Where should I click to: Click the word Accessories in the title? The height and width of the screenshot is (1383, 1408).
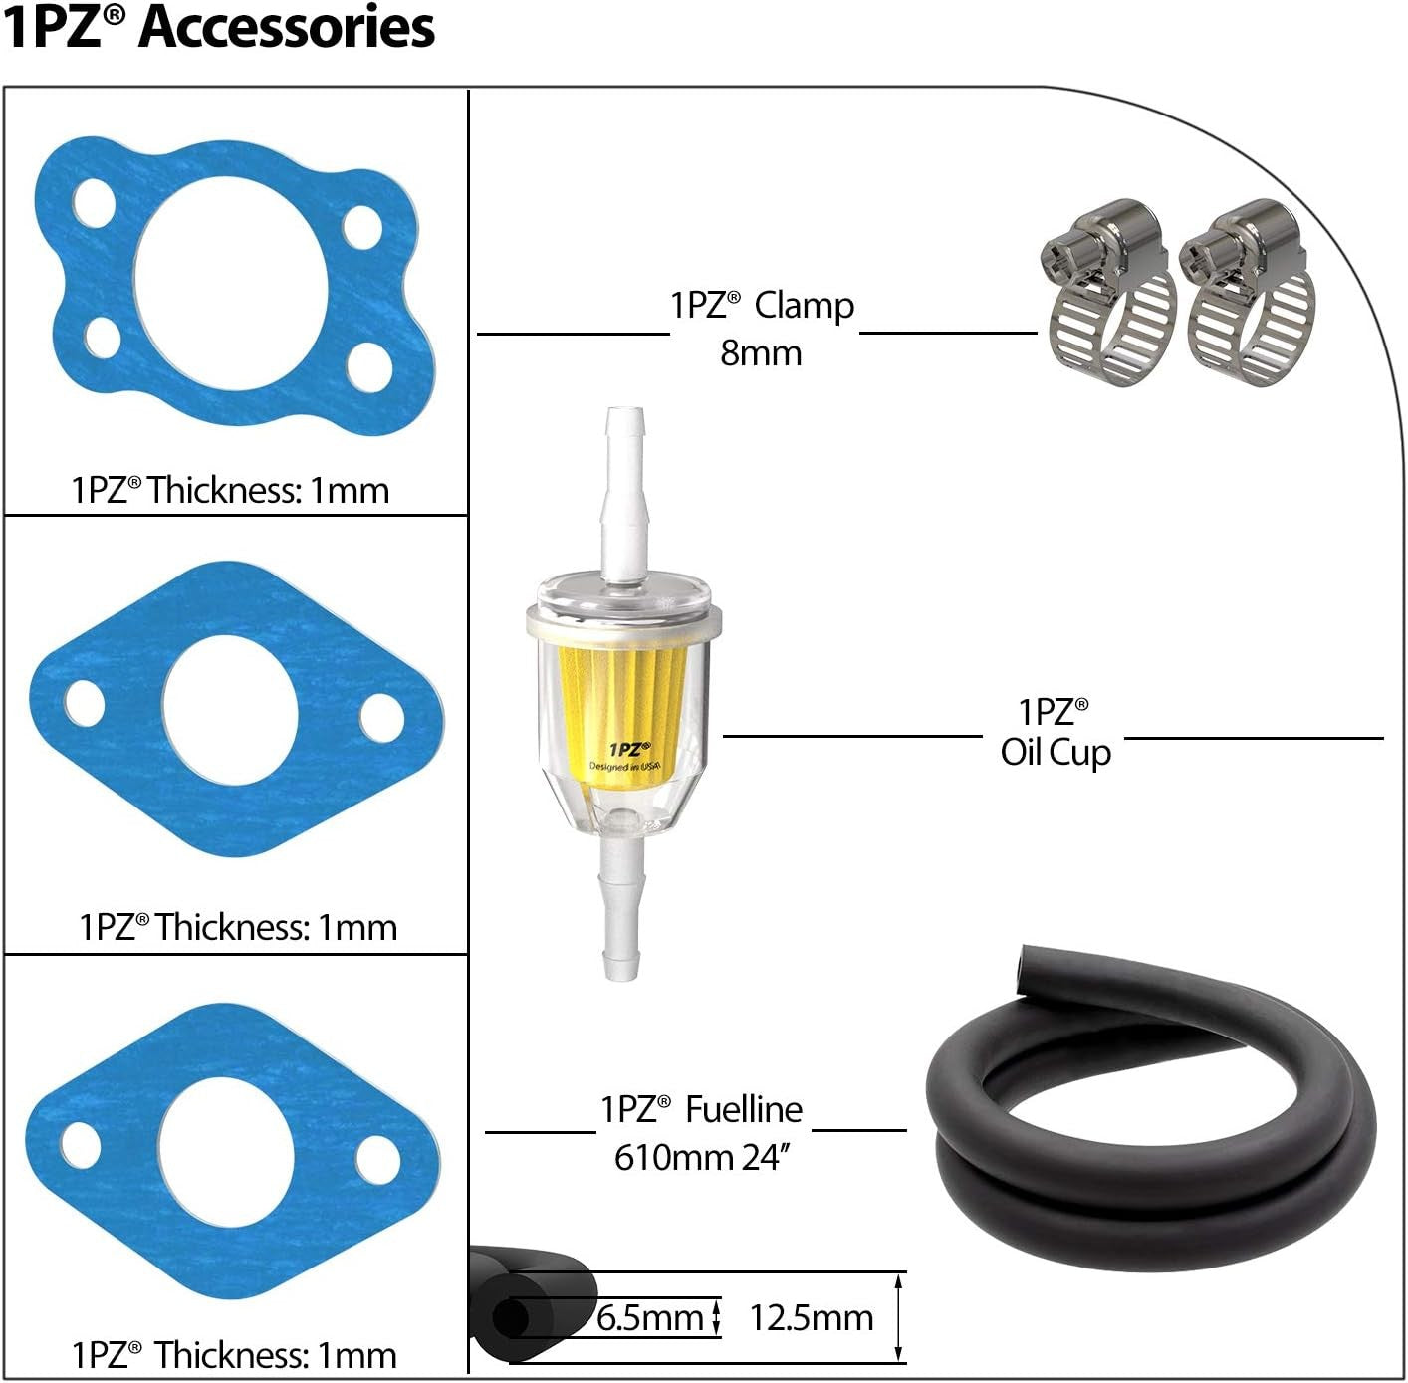tap(287, 28)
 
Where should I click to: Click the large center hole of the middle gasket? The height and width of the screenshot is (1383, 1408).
tap(230, 709)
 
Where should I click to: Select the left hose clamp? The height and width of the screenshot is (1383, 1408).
tap(1109, 294)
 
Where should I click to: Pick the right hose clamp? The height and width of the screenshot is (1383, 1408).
tap(1248, 294)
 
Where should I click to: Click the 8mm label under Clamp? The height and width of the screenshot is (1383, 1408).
tap(761, 353)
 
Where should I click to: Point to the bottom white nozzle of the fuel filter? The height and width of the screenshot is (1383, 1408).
tap(621, 909)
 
